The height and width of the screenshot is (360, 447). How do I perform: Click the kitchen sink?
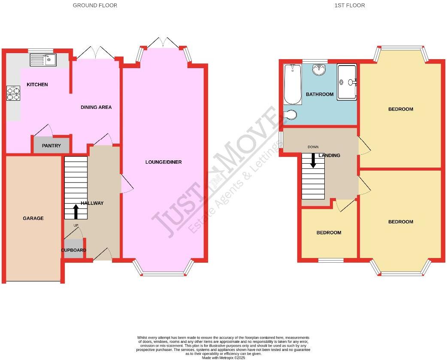pyautogui.click(x=43, y=60)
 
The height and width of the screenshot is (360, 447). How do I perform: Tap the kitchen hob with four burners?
pyautogui.click(x=13, y=93)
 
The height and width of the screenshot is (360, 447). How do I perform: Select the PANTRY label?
pyautogui.click(x=51, y=146)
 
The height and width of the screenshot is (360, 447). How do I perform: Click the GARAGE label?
pyautogui.click(x=33, y=218)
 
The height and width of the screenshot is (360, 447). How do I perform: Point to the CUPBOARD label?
pyautogui.click(x=73, y=250)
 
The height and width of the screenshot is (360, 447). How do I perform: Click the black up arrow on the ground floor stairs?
pyautogui.click(x=76, y=211)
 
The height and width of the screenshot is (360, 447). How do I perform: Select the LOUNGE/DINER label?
pyautogui.click(x=163, y=162)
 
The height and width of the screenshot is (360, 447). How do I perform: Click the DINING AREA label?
pyautogui.click(x=96, y=107)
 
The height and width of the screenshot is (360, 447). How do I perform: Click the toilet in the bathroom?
pyautogui.click(x=290, y=114)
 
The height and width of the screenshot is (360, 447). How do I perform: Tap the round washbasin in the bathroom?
pyautogui.click(x=319, y=69)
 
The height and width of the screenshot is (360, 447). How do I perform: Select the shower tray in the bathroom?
pyautogui.click(x=347, y=82)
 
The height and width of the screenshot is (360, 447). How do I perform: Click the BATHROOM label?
pyautogui.click(x=320, y=94)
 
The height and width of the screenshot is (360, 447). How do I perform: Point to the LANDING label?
pyautogui.click(x=329, y=156)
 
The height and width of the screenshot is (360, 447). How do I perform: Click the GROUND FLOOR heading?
pyautogui.click(x=95, y=6)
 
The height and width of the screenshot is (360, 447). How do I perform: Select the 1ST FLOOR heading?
pyautogui.click(x=350, y=6)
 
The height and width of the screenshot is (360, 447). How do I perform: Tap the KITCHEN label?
pyautogui.click(x=37, y=84)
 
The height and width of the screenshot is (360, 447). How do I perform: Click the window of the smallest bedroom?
pyautogui.click(x=331, y=260)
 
